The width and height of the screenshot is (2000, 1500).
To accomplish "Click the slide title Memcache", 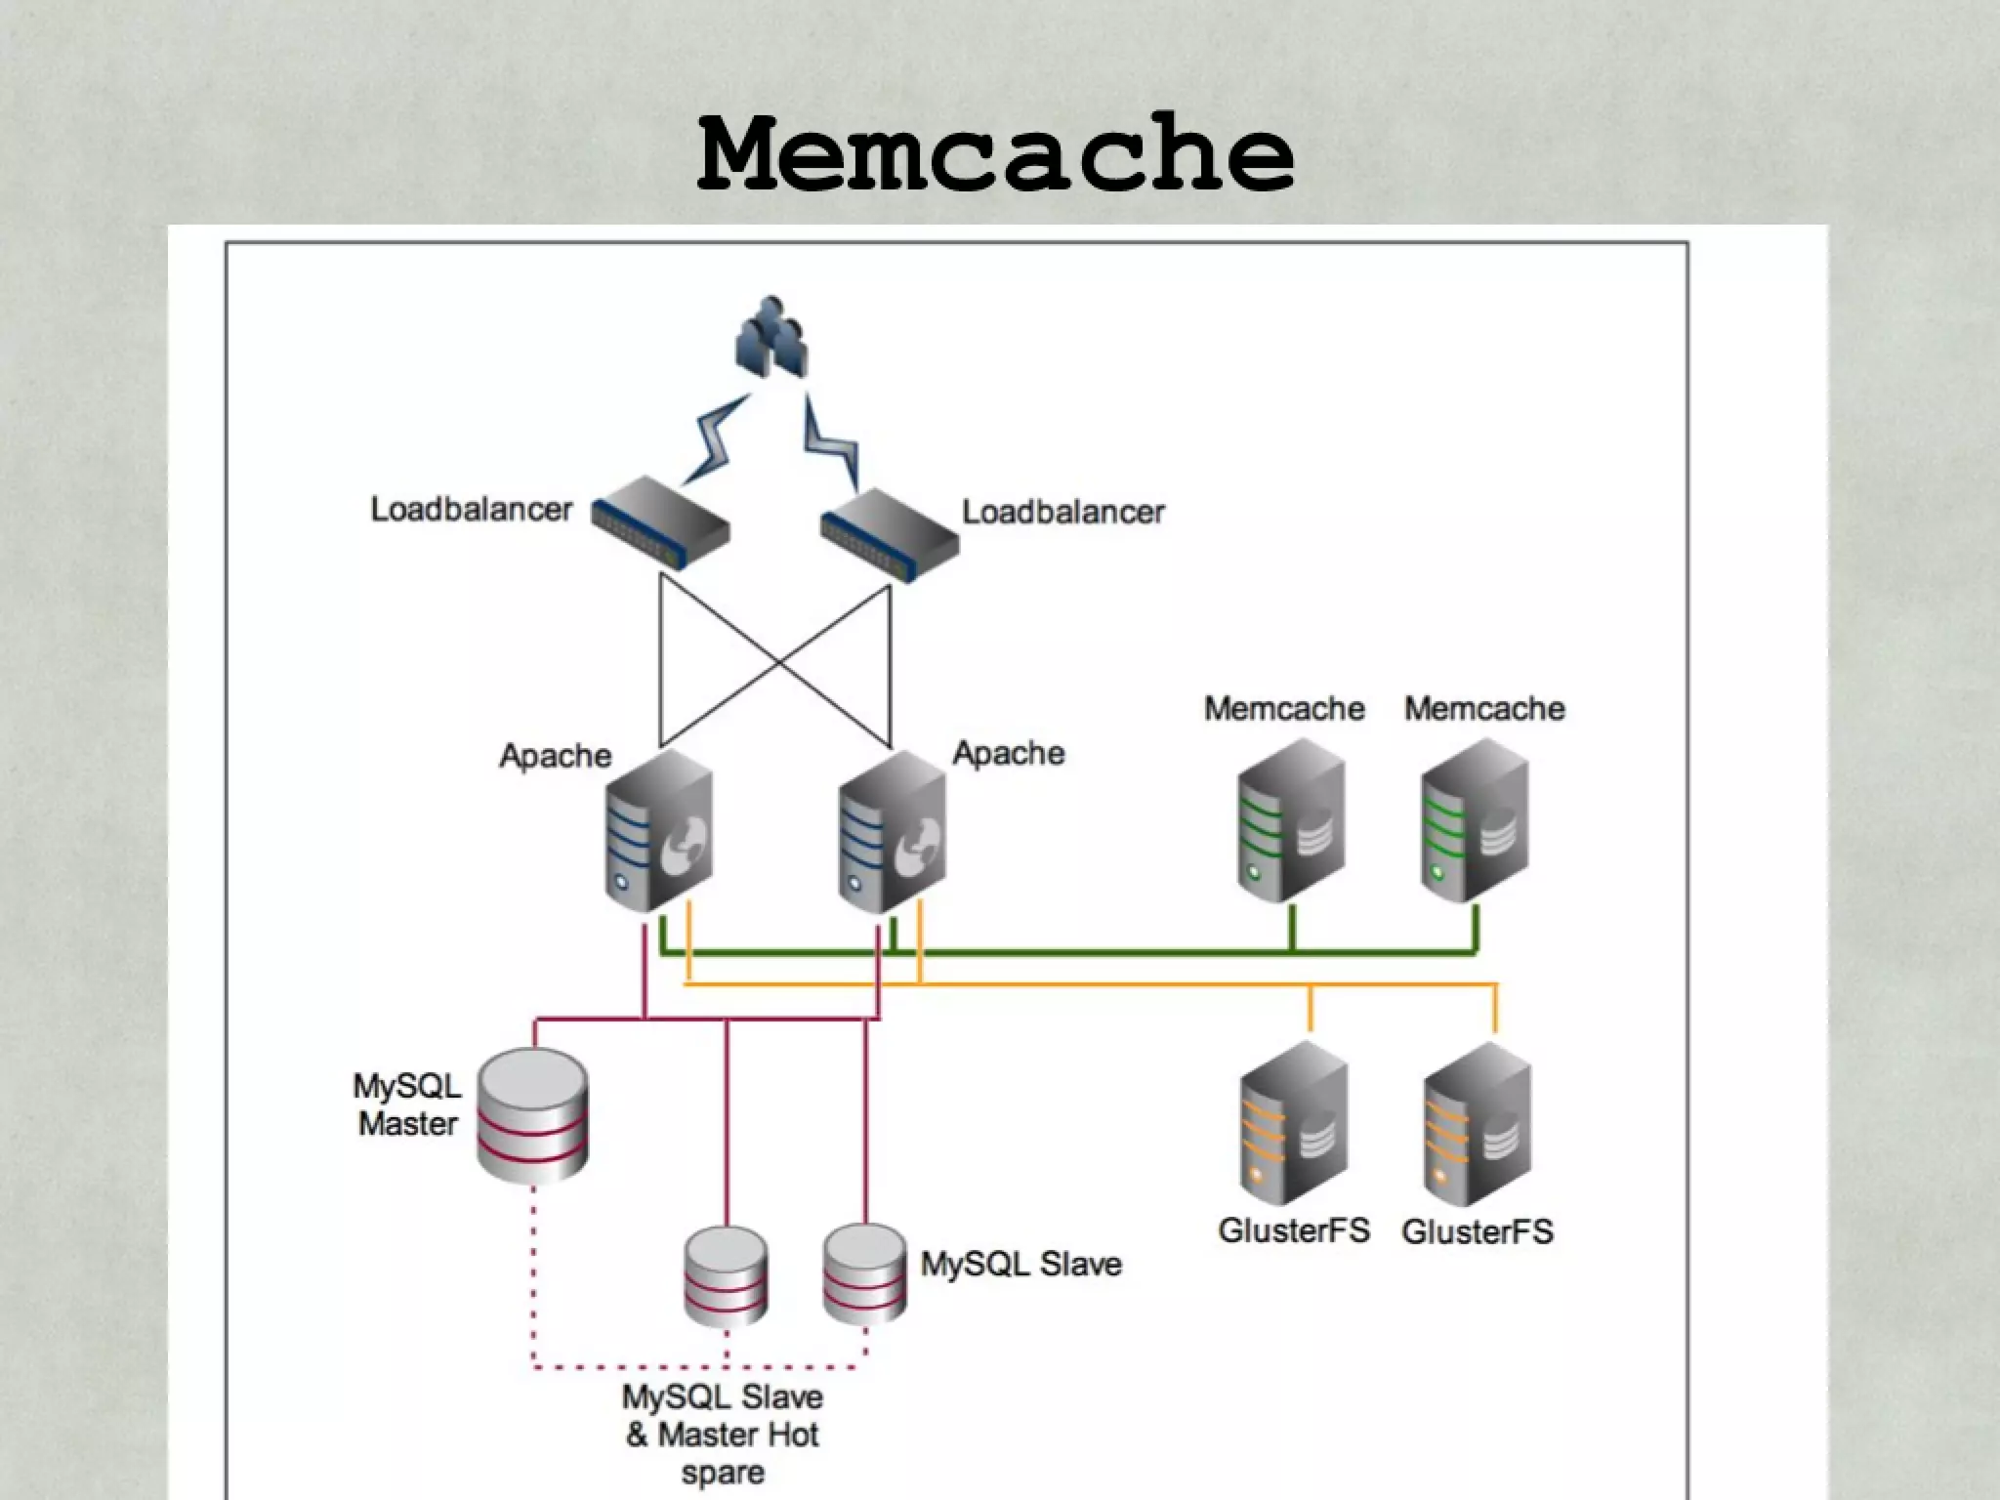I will (996, 154).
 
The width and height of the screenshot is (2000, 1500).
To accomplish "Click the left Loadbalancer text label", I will (471, 510).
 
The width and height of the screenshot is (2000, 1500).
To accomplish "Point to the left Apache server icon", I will (658, 831).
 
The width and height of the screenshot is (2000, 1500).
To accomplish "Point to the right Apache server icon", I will (892, 831).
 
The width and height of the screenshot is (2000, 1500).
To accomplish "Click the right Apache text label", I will (1008, 753).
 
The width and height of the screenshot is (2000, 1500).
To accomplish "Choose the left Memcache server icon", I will (1290, 820).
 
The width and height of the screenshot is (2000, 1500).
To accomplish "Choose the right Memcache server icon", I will (1474, 820).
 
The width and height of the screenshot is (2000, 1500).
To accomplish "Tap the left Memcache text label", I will (1283, 708).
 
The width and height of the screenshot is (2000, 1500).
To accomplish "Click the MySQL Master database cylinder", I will (532, 1115).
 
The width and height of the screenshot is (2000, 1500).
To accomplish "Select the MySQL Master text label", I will (407, 1104).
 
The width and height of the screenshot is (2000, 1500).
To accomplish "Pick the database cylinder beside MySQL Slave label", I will (864, 1273).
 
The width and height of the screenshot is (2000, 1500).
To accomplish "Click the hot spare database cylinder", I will (726, 1275).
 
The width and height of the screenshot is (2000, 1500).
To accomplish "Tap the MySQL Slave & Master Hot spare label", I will (723, 1434).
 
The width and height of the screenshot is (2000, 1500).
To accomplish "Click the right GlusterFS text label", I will (1477, 1231).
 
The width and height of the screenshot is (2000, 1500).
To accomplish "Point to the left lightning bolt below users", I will (717, 440).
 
